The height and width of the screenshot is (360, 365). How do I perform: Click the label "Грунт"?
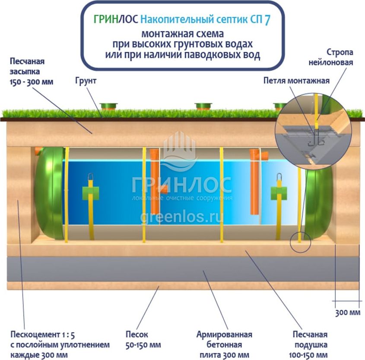[x=85, y=81]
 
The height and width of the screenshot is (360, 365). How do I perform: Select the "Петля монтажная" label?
[x=296, y=80]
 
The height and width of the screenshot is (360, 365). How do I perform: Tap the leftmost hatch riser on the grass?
[x=109, y=105]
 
